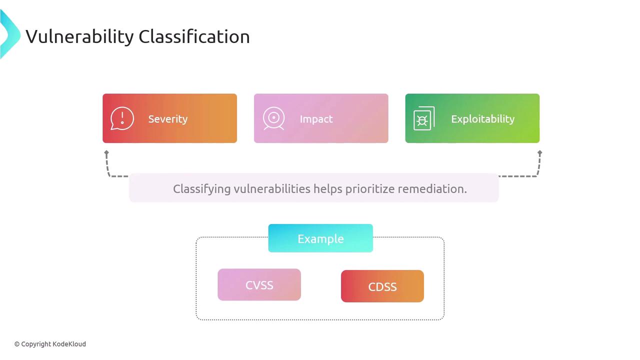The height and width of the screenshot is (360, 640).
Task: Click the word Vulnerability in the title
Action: pos(79,37)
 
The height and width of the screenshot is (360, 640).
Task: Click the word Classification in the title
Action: pos(194,36)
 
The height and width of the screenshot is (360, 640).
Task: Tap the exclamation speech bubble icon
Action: pos(122,118)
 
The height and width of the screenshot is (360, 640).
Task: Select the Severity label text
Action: pos(168,119)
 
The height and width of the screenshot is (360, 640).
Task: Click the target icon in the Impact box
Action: pos(273,118)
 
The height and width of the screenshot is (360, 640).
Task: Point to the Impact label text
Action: pos(316,119)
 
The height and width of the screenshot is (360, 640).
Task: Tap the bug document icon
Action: pos(424,118)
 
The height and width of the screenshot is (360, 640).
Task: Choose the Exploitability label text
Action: pos(483,119)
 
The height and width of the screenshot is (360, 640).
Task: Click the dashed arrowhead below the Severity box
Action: pos(106,153)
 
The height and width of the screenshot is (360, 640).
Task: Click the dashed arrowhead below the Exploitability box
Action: pos(539,153)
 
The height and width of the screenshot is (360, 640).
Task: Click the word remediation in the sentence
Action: pos(432,189)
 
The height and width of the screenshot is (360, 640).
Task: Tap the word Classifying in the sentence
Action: pos(201,189)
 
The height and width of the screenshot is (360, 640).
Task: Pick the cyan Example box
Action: pos(320,238)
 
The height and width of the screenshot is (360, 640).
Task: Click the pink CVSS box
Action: pos(259,284)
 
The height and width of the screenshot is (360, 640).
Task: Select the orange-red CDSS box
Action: pos(382,286)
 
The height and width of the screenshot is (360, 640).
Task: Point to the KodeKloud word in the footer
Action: pos(69,344)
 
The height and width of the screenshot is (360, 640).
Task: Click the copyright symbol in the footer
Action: pos(17,344)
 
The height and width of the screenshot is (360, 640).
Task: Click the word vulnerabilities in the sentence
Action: pos(272,189)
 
